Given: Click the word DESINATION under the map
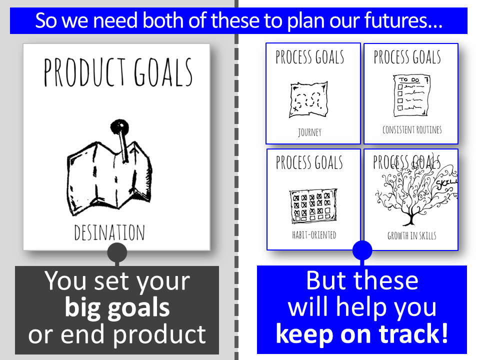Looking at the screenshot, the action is pyautogui.click(x=109, y=232).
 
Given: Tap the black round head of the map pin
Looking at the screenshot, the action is pyautogui.click(x=119, y=126).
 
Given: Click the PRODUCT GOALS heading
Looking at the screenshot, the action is pyautogui.click(x=118, y=72).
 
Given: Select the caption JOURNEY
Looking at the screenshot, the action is pyautogui.click(x=310, y=132).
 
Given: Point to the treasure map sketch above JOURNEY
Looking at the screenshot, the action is pyautogui.click(x=308, y=99).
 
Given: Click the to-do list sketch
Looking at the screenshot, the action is pyautogui.click(x=411, y=95).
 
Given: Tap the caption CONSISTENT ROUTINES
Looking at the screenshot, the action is pyautogui.click(x=412, y=130).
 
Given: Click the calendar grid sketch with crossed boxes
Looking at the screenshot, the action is pyautogui.click(x=313, y=205).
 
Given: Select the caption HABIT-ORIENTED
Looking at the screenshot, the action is pyautogui.click(x=314, y=235).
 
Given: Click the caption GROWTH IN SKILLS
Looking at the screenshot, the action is pyautogui.click(x=411, y=235).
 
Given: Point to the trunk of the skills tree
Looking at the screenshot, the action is pyautogui.click(x=410, y=218).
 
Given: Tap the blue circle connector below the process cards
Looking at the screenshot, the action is pyautogui.click(x=362, y=250).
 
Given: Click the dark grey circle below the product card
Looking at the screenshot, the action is pyautogui.click(x=117, y=252).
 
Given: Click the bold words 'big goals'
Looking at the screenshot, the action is pyautogui.click(x=117, y=308).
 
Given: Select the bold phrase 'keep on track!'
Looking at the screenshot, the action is pyautogui.click(x=362, y=334).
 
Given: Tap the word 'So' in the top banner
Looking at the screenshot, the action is pyautogui.click(x=46, y=20).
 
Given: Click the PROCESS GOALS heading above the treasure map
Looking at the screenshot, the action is pyautogui.click(x=310, y=57).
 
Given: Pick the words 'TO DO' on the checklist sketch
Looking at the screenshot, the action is pyautogui.click(x=408, y=79).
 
